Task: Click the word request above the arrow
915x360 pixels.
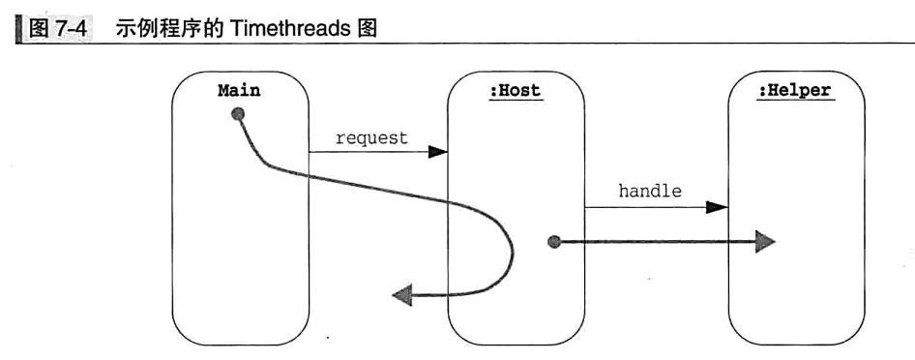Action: pos(371,137)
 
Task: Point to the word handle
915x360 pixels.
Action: pos(650,192)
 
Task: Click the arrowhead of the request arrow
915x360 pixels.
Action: pos(438,152)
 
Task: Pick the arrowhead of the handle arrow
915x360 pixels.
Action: pos(717,207)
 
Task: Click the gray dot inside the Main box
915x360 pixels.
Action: pos(238,115)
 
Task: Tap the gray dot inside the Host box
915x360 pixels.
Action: pos(553,242)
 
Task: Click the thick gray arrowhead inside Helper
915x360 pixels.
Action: pos(765,242)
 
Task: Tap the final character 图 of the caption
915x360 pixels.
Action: pos(367,30)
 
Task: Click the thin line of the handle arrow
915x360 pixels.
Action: pos(648,207)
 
